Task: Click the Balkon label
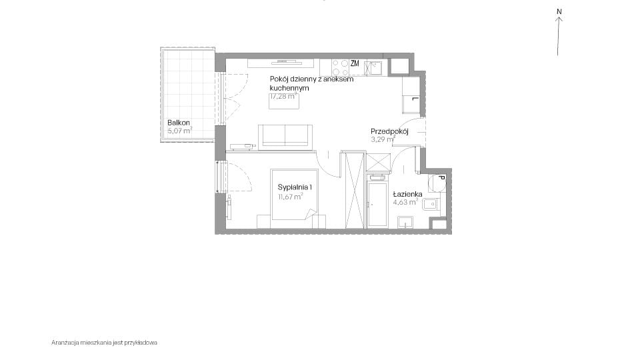point(179,123)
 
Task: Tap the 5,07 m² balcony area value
point(179,131)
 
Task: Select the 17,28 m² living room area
point(283,96)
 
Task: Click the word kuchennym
point(289,88)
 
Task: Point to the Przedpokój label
point(389,131)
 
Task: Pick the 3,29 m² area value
point(383,139)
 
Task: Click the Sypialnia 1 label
point(295,187)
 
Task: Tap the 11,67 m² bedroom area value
point(290,196)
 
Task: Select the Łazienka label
point(407,194)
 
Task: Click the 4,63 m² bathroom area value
point(405,201)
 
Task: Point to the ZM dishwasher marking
point(355,63)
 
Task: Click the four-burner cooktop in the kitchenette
point(339,67)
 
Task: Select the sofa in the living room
point(285,135)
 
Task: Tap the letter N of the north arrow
point(559,11)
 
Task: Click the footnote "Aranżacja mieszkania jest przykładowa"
point(104,343)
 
